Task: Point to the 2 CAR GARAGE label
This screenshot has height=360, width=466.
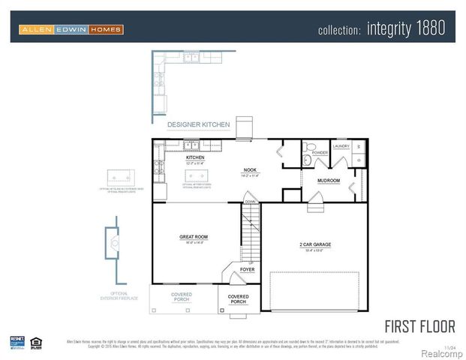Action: tap(315, 244)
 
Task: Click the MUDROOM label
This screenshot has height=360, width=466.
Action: tap(329, 181)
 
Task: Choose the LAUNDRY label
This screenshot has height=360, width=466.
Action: tap(341, 146)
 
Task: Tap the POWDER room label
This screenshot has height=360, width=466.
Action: tap(320, 152)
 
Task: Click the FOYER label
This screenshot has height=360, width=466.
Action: tap(247, 269)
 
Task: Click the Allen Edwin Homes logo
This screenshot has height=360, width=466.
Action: tap(71, 29)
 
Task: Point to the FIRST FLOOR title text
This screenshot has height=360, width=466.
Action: tap(419, 326)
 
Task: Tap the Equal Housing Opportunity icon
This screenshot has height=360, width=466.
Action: tap(36, 342)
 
